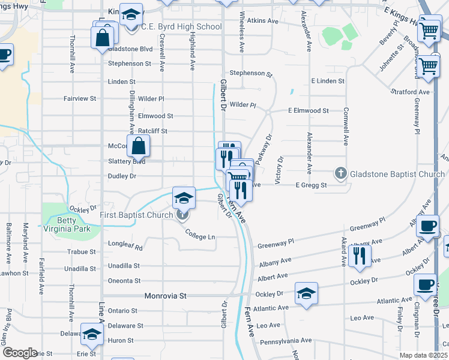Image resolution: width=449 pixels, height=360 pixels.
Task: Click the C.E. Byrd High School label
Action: click(x=181, y=27)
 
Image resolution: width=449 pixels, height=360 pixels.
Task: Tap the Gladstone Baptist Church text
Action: click(x=397, y=174)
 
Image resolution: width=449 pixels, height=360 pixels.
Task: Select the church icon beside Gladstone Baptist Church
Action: click(x=340, y=174)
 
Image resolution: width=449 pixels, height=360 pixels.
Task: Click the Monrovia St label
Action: click(x=166, y=296)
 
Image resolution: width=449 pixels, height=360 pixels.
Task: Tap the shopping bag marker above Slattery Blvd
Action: click(x=138, y=146)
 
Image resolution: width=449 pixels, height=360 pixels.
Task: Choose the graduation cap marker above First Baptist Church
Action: click(x=184, y=197)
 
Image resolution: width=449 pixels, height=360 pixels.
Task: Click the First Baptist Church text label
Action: click(x=137, y=215)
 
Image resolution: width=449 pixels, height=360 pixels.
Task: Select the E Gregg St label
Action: click(x=311, y=185)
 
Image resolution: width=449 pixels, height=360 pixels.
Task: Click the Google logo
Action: click(x=20, y=353)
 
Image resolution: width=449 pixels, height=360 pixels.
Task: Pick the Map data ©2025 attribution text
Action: click(x=423, y=355)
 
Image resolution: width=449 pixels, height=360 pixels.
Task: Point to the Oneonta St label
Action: click(x=124, y=280)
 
